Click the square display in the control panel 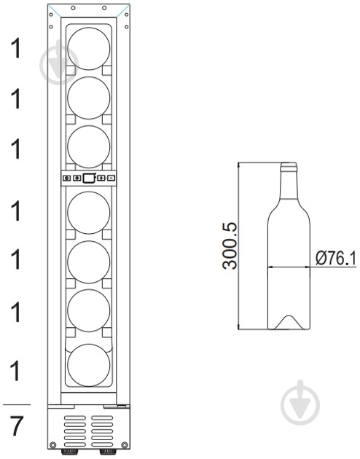click(89, 178)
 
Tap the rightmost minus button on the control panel click(111, 178)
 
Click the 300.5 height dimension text click(230, 246)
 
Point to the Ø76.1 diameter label click(336, 259)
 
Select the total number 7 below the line click(16, 426)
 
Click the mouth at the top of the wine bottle click(289, 166)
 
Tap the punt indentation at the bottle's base click(289, 322)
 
